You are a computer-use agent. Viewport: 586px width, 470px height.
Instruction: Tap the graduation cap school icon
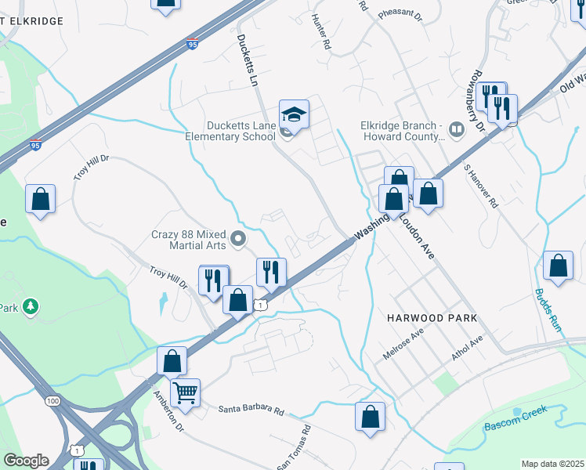pyautogui.click(x=295, y=115)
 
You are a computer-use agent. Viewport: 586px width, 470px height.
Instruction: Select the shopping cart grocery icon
pyautogui.click(x=185, y=393)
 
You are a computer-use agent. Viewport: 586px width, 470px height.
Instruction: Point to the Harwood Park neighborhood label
pyautogui.click(x=432, y=318)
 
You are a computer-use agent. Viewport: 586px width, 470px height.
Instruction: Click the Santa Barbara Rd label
pyautogui.click(x=251, y=409)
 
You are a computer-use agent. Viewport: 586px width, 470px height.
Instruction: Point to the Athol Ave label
pyautogui.click(x=467, y=349)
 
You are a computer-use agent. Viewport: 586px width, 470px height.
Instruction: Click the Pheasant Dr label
pyautogui.click(x=400, y=15)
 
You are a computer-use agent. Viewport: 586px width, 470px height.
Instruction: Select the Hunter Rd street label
pyautogui.click(x=321, y=33)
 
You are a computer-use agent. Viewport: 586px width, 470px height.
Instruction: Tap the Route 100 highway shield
pyautogui.click(x=52, y=401)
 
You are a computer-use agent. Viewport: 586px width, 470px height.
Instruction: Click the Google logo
pyautogui.click(x=26, y=461)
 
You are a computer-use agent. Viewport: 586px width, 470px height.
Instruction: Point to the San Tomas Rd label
pyautogui.click(x=294, y=449)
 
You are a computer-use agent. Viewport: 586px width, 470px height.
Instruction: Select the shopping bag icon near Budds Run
pyautogui.click(x=559, y=266)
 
